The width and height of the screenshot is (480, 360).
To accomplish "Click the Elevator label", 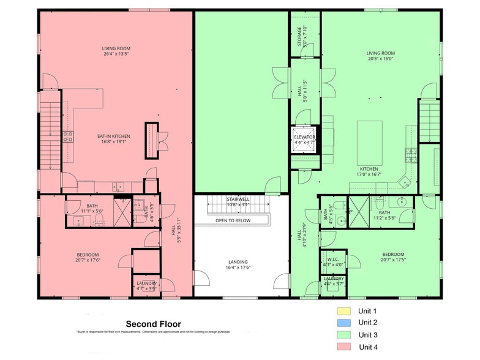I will click(x=304, y=137).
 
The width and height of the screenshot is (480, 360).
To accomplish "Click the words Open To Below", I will click(x=233, y=220).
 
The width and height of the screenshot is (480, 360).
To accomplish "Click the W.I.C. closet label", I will click(x=334, y=260).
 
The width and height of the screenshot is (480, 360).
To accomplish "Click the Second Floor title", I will click(x=153, y=324).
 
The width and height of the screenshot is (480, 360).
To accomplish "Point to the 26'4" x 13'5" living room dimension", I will click(x=116, y=54).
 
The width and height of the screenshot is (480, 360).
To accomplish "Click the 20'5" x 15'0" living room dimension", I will click(x=380, y=59).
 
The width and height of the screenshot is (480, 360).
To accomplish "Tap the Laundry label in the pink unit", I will click(x=147, y=283).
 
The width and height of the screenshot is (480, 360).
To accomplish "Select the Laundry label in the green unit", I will click(x=334, y=279).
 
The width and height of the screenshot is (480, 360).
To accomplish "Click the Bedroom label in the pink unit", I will click(x=88, y=255).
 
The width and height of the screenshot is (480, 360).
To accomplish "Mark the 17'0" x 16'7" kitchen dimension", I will click(x=369, y=174).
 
